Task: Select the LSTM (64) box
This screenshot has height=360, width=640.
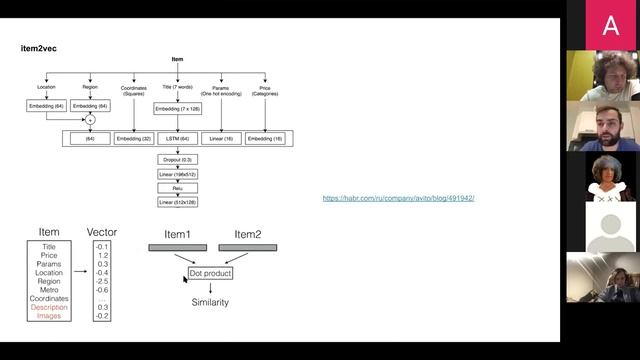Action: [178, 138]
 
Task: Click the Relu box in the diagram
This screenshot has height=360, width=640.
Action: [178, 188]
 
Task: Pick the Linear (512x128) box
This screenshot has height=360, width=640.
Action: [178, 202]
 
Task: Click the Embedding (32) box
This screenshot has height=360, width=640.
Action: [134, 138]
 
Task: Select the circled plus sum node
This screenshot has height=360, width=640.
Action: [90, 120]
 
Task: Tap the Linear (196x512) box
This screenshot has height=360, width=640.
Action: [178, 173]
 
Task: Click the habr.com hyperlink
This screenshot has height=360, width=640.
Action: [398, 198]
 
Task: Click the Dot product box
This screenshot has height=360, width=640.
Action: [210, 272]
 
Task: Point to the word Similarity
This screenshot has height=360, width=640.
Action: [210, 302]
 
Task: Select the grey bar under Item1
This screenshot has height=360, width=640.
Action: [177, 246]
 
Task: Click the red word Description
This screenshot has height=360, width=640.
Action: [49, 307]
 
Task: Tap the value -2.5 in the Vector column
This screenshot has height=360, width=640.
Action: [101, 280]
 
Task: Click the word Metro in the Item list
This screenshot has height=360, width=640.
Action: [49, 289]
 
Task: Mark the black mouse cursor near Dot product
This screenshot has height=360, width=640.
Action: [185, 280]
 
